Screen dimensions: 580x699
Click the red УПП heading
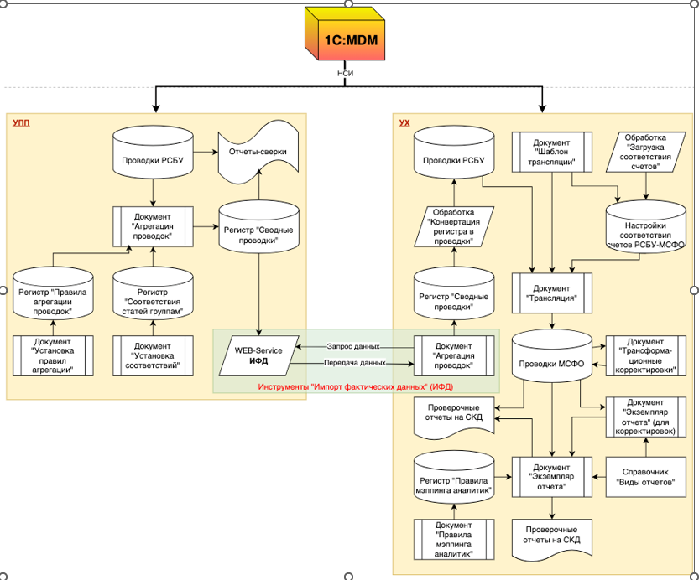(x=21, y=122)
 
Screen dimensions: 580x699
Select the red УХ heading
(x=404, y=122)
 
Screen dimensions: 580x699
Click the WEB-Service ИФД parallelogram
(x=258, y=355)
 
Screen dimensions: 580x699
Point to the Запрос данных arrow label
(x=353, y=346)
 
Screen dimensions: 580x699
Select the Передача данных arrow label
(x=355, y=363)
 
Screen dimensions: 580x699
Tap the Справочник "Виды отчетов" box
(x=644, y=476)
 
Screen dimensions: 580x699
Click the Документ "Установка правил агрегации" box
(x=54, y=355)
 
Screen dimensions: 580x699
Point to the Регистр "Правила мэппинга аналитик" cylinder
(x=453, y=477)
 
